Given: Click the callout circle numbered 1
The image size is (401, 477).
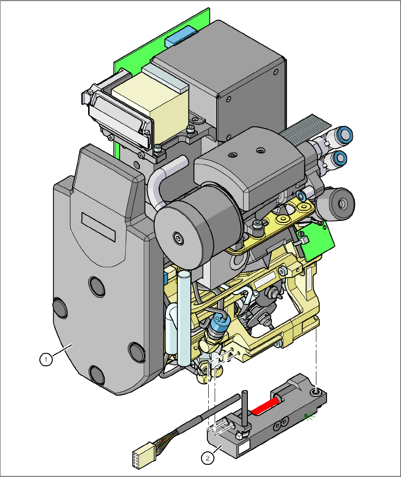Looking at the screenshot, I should (46, 360).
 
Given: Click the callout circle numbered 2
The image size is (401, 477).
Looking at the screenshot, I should (206, 457).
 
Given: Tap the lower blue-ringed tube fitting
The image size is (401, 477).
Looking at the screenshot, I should (338, 157).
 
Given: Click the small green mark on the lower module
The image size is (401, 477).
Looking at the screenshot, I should (308, 416).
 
